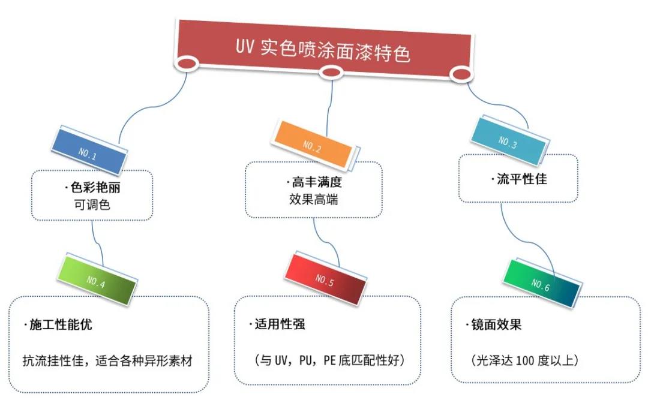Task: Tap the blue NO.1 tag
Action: coord(91,150)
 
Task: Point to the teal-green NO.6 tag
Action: coord(539,283)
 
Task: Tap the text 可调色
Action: coord(91,204)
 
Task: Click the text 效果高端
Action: coord(313,199)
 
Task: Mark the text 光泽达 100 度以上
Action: coord(524,360)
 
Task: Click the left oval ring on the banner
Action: coord(188,63)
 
